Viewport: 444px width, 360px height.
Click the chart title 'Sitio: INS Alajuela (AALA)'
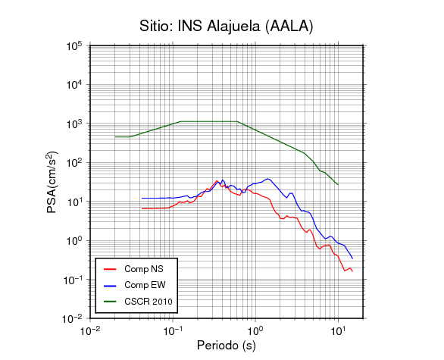(227, 27)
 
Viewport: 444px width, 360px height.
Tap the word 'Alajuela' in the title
(233, 27)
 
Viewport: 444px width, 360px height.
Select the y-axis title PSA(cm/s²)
(52, 182)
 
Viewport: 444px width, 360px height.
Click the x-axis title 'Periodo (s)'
(227, 346)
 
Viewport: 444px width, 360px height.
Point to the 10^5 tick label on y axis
(74, 45)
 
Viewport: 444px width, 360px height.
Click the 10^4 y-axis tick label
(74, 85)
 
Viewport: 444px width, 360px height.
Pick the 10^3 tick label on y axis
(74, 124)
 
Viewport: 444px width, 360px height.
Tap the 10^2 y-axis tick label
(74, 163)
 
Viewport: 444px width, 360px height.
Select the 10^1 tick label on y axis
(74, 202)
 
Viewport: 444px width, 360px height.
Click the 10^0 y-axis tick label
(74, 241)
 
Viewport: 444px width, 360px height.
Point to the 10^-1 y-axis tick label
(72, 280)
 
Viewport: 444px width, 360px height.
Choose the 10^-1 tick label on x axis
(173, 330)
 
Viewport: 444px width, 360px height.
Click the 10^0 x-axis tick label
(255, 330)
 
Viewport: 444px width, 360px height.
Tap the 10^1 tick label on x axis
(339, 330)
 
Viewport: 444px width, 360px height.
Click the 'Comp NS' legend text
(144, 269)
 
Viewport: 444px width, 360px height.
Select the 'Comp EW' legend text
(145, 285)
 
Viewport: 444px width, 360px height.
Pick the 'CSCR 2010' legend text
(149, 302)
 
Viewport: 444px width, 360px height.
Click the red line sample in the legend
(110, 269)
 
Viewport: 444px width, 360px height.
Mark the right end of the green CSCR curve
(338, 185)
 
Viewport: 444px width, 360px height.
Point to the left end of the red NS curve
(142, 208)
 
